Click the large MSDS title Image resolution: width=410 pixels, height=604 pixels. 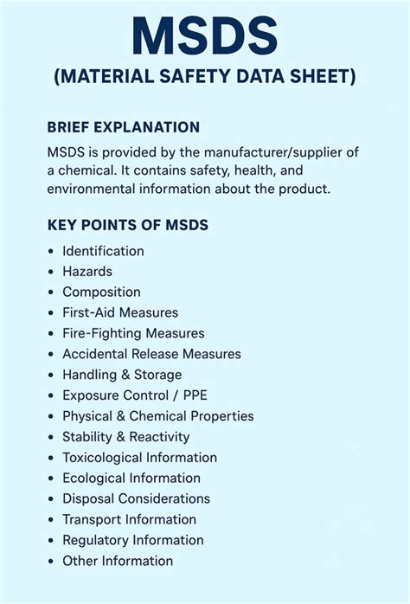coord(204,37)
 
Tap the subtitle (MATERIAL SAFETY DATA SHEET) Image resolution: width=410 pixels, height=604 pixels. coord(204,78)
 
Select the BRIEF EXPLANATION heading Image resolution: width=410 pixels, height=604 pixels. coord(124,127)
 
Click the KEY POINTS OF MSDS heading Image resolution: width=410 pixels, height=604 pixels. coord(127,226)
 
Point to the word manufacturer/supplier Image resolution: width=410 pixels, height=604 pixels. coord(261,152)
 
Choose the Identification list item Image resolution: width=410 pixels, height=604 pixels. coord(103,251)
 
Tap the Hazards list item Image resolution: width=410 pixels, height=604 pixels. coord(87,272)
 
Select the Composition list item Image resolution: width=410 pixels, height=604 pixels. coord(101,292)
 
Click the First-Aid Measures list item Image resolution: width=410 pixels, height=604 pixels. coord(120,313)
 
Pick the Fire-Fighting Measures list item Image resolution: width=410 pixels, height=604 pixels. coord(133,333)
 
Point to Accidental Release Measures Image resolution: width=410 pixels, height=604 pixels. coord(151,354)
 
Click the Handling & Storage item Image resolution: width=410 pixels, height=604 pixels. coord(122,375)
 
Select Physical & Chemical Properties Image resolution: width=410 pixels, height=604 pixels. coord(158,416)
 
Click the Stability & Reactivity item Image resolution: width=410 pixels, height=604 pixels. coord(126,437)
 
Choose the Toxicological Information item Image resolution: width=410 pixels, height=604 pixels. coord(139,458)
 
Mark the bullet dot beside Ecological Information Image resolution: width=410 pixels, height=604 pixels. coord(51,479)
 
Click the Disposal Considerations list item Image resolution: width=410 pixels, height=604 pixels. coord(136,499)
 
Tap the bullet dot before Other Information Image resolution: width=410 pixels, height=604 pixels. coord(51,562)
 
